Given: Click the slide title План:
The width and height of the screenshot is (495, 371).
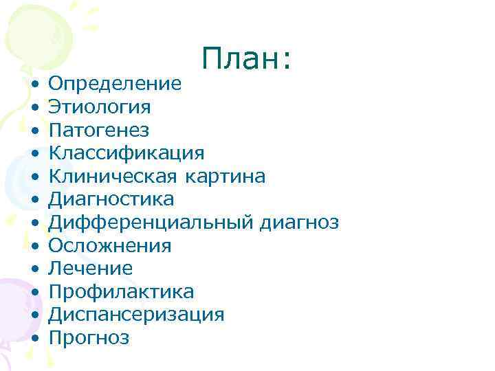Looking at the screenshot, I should pyautogui.click(x=248, y=60).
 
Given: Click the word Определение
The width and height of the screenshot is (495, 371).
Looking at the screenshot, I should pyautogui.click(x=115, y=84).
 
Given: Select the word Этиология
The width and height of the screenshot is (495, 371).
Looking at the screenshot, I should pyautogui.click(x=99, y=107).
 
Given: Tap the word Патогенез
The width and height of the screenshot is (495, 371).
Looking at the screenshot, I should pyautogui.click(x=98, y=131).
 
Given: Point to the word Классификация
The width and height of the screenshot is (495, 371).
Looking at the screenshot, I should pyautogui.click(x=126, y=153).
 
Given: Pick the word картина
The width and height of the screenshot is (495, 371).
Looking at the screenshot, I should pyautogui.click(x=225, y=177).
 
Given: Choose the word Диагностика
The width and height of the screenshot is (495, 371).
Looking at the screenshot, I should pyautogui.click(x=111, y=199).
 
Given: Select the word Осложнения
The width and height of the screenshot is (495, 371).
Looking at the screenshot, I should pyautogui.click(x=109, y=245).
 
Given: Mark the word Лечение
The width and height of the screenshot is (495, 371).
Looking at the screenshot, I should pyautogui.click(x=90, y=269).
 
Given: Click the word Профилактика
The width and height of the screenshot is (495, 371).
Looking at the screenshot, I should pyautogui.click(x=121, y=292).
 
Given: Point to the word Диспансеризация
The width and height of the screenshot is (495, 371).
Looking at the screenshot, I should pyautogui.click(x=136, y=315).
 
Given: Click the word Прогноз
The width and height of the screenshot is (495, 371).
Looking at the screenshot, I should pyautogui.click(x=89, y=338).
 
